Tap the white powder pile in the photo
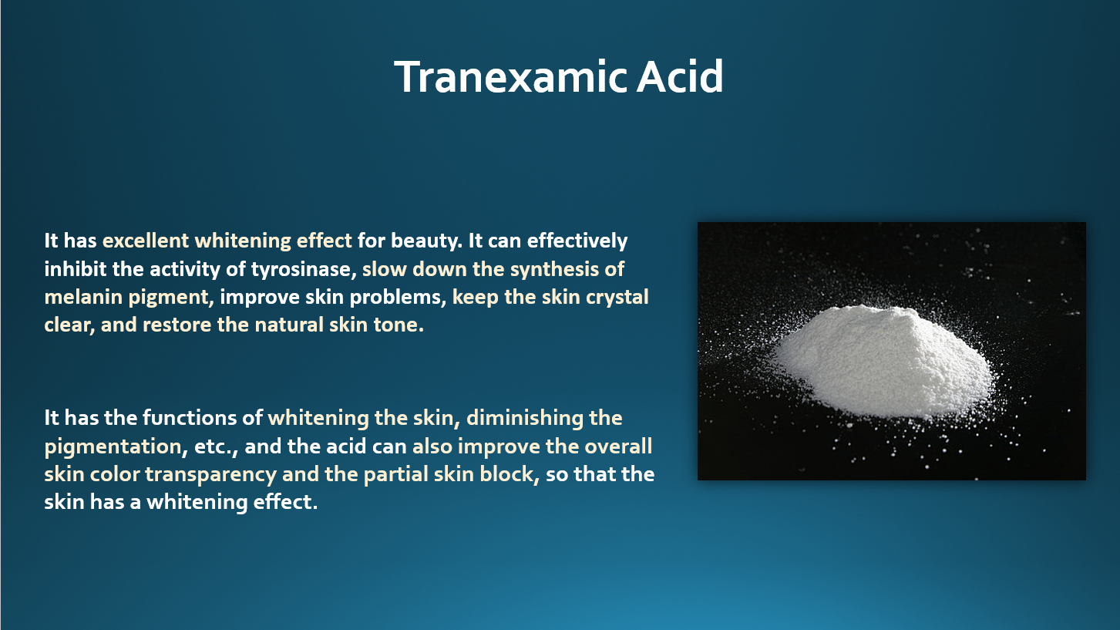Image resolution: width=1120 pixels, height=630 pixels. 883,361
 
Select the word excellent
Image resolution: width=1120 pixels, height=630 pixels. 146,241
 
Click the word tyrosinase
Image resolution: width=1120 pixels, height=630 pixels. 304,270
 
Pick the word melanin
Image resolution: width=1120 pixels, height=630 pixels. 83,297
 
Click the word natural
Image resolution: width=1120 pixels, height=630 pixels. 288,325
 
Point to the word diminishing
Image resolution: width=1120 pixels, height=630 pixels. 524,419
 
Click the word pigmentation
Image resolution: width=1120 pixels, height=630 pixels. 113,446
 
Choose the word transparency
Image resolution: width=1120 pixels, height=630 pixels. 210,474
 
